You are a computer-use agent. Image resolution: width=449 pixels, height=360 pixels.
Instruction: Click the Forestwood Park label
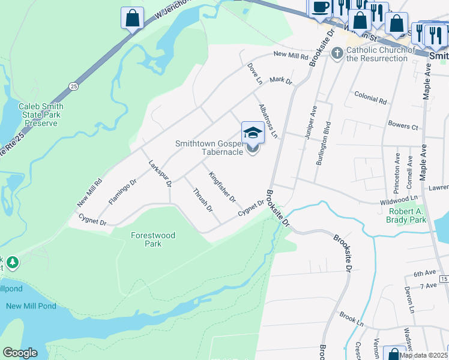[x=153, y=239]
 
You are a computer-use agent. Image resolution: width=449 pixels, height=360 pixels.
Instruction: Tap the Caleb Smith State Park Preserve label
[x=41, y=115]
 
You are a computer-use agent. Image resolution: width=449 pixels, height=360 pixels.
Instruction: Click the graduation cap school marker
[x=253, y=133]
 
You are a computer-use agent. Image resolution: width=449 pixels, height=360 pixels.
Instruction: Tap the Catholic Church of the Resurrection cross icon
[x=337, y=54]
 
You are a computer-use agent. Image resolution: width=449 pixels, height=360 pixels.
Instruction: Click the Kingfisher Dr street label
[x=222, y=187]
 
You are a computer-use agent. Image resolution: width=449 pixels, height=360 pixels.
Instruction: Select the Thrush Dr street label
[x=203, y=200]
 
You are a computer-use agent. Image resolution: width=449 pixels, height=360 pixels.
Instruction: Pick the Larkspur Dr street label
[x=160, y=173]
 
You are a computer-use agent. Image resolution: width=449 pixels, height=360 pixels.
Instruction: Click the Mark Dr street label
[x=280, y=80]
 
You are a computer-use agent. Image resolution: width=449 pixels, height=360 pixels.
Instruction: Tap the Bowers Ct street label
[x=403, y=127]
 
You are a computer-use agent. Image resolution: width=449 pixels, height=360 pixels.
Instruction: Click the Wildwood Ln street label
[x=399, y=197]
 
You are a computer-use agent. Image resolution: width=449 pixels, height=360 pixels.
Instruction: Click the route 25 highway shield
[x=73, y=86]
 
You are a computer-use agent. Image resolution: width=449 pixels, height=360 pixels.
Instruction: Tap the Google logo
[x=20, y=353]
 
